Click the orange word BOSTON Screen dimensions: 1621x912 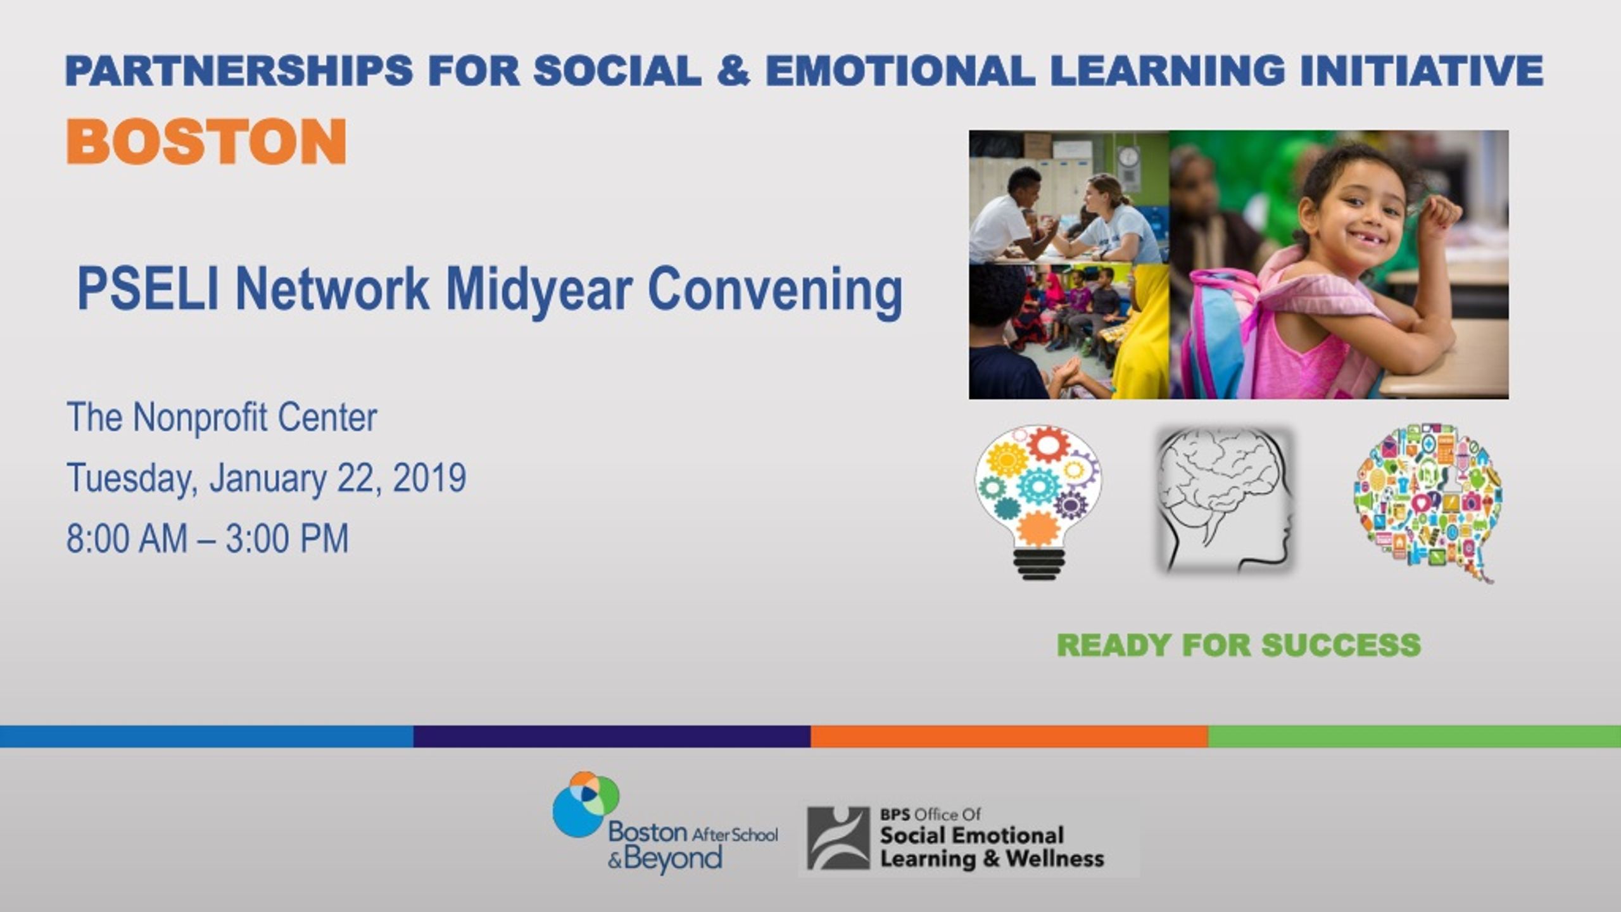click(206, 141)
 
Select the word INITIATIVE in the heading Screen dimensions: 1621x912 click(1422, 70)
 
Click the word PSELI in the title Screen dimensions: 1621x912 click(148, 289)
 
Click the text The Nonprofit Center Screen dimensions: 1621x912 click(222, 417)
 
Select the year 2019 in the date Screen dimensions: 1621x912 click(430, 478)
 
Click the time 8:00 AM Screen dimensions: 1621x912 click(127, 538)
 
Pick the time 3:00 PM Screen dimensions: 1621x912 click(287, 538)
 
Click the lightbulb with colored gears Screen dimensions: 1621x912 click(1038, 502)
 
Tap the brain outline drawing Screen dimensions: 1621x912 click(1224, 500)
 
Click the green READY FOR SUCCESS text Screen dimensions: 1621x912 click(1239, 645)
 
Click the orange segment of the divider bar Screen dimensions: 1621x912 click(1009, 737)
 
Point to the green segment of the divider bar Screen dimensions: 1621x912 click(1415, 737)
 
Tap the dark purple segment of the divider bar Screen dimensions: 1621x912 click(612, 737)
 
